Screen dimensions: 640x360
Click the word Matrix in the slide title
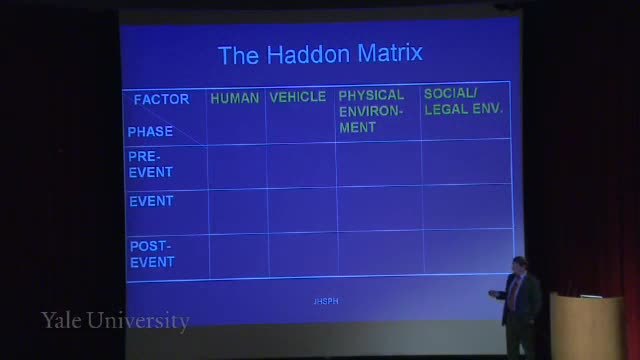390,53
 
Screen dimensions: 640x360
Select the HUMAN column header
235,98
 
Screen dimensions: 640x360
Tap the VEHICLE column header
298,97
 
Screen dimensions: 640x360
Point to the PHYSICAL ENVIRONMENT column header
371,111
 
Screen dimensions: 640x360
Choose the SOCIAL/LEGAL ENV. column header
463,102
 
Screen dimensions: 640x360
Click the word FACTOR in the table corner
162,99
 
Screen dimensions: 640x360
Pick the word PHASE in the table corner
150,131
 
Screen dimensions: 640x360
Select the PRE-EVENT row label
151,164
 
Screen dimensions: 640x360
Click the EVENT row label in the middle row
151,201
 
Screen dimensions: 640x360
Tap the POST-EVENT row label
152,254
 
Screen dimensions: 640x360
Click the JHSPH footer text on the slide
326,301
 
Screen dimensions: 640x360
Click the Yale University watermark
115,321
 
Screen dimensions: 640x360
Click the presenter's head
520,265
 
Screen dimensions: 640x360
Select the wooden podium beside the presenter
587,327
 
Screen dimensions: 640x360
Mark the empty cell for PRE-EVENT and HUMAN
237,167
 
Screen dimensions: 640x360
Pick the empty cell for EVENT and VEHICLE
303,211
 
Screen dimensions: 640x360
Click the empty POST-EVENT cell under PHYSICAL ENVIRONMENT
381,253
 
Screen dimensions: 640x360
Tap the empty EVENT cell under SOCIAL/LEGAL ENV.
468,207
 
